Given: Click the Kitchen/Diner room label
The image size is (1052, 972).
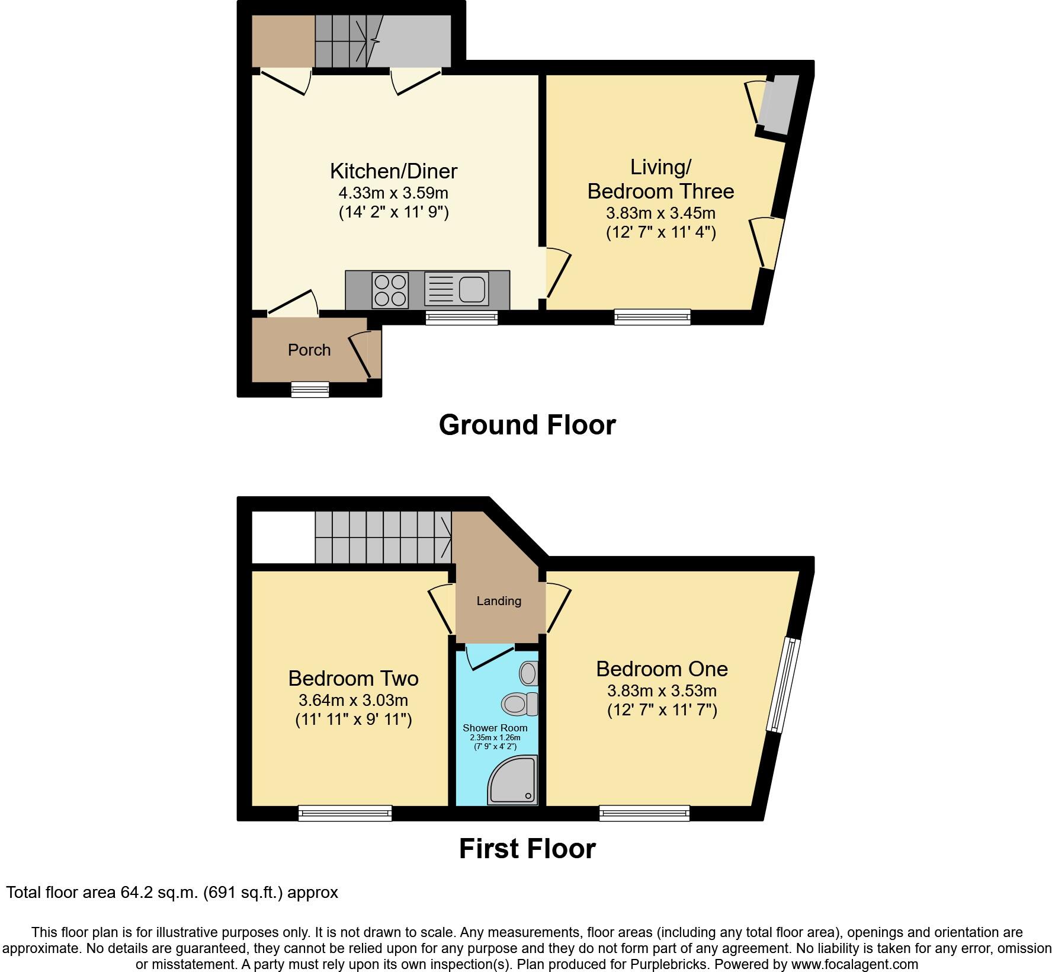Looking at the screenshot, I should point(393,171).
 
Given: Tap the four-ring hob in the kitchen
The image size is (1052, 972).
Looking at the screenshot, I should point(390,290).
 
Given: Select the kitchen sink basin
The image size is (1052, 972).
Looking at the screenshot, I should point(472,289).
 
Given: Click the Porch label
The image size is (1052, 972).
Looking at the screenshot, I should point(309,350).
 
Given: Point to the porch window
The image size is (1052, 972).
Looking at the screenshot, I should point(310,389).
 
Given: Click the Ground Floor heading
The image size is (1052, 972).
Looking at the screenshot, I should point(527,425).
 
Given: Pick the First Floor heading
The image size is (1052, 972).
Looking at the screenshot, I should point(527,849).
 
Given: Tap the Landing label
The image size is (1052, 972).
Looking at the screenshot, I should point(499,601).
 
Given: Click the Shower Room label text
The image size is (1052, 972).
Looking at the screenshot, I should point(495,728).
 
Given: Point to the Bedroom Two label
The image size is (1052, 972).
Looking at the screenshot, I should point(353,678).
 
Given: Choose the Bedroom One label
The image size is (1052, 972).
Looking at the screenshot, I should point(662,669).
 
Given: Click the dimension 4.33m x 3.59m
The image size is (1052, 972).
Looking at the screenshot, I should point(393,193).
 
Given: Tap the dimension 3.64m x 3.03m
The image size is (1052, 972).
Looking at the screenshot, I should point(353,701).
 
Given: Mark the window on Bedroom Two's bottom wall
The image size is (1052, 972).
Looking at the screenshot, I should point(345,813).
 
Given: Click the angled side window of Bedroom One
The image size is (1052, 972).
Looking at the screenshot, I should point(783,685).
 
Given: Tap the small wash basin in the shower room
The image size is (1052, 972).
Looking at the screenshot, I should point(528,673).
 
